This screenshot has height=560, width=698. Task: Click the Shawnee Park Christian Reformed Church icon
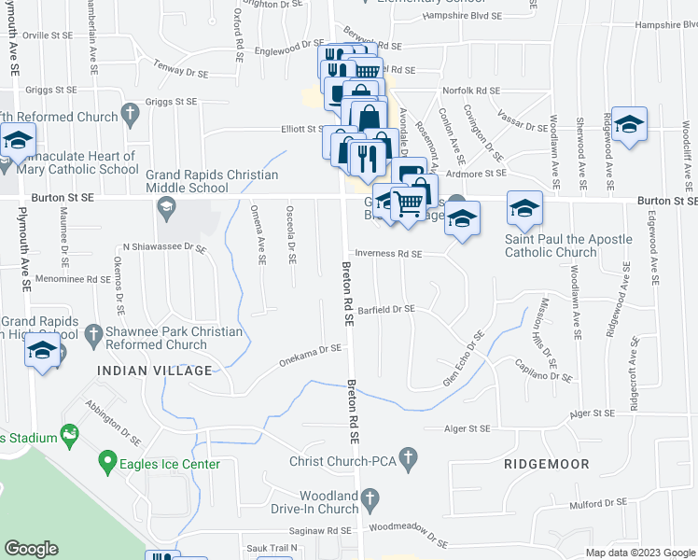coord(92,333)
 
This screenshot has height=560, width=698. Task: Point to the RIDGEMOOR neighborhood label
coord(544,463)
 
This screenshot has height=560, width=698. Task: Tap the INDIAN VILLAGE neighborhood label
coord(155,371)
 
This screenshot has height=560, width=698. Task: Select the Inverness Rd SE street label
coord(387,254)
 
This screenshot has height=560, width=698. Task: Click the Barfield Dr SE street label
coord(384,309)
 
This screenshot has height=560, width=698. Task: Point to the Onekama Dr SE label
coord(312,356)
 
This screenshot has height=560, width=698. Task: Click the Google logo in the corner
coord(31,549)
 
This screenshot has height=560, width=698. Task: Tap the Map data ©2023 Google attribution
coord(639,553)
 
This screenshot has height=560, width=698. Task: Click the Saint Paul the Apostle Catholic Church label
coord(568,246)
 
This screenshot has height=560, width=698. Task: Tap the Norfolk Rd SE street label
coord(471,91)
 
